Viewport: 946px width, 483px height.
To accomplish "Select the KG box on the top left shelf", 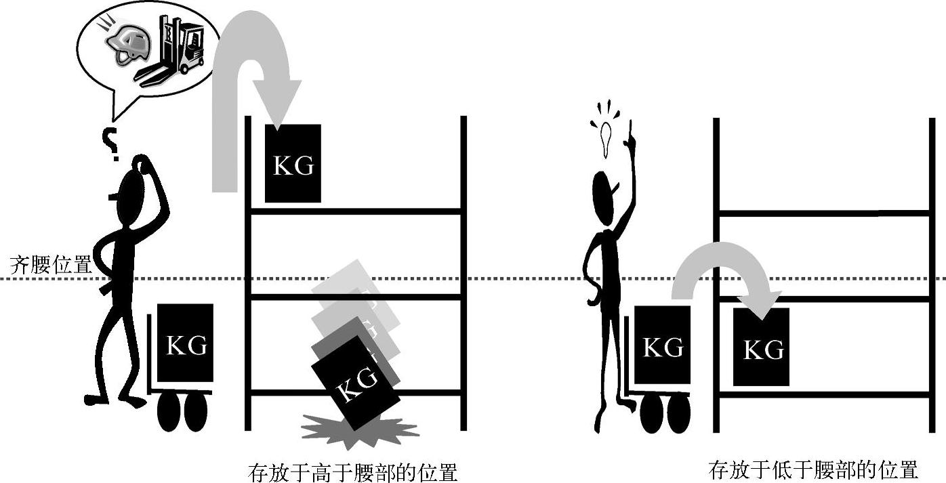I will tap(293, 163).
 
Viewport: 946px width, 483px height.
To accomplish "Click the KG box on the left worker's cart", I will tap(186, 344).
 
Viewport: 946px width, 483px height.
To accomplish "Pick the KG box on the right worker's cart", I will tap(662, 345).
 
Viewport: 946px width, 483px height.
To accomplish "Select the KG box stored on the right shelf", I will tap(762, 347).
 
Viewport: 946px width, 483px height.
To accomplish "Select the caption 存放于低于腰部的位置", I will tap(813, 469).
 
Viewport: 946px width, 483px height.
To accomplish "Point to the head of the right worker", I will tap(604, 197).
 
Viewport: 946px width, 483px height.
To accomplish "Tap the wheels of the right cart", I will tap(665, 413).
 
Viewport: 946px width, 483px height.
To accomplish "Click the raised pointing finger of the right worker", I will tap(630, 129).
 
